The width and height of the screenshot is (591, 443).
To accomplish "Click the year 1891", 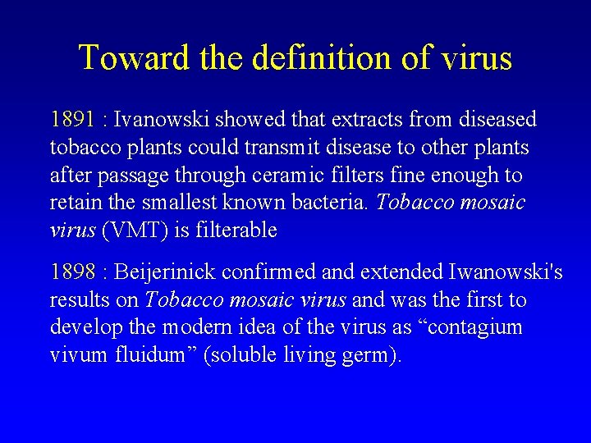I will coord(72,120).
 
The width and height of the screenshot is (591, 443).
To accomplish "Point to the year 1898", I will coord(72,272).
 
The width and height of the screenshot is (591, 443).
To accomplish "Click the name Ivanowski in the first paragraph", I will coord(161,120).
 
